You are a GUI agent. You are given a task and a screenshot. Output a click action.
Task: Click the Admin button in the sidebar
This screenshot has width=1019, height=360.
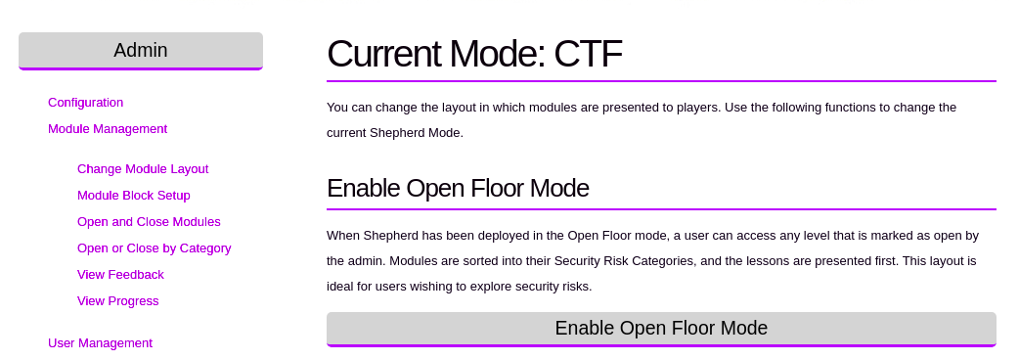click(x=141, y=51)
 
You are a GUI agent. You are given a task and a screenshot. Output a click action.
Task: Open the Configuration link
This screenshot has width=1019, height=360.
click(x=86, y=103)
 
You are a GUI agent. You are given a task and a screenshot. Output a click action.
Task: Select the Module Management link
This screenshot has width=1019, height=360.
click(x=108, y=129)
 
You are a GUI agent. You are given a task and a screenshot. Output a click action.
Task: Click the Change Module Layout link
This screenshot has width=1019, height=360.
click(x=143, y=169)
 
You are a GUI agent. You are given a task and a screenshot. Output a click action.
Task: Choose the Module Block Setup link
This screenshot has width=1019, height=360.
click(x=134, y=196)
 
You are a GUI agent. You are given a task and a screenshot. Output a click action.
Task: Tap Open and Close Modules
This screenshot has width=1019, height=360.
click(x=149, y=222)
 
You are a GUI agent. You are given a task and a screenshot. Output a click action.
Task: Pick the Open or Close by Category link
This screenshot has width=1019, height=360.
click(x=154, y=248)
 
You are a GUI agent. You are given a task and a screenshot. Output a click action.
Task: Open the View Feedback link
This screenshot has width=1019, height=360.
click(x=121, y=275)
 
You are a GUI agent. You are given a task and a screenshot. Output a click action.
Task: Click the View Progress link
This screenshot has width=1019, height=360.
click(x=118, y=301)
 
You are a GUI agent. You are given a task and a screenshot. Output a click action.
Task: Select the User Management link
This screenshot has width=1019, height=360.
click(x=100, y=343)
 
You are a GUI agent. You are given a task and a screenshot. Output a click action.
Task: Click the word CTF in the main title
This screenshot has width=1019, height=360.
click(x=588, y=53)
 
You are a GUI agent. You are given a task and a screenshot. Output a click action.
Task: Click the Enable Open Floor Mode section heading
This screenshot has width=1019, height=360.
click(x=459, y=189)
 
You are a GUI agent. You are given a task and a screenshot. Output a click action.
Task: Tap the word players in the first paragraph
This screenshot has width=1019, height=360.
click(x=691, y=108)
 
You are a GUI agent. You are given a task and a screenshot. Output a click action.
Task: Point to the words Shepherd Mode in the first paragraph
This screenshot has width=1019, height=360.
click(x=416, y=133)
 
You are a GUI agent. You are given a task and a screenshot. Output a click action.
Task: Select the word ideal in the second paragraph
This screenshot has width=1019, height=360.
click(x=340, y=287)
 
